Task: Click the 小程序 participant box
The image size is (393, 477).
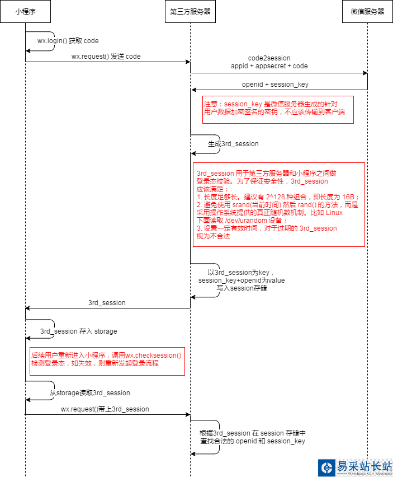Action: [x=25, y=12]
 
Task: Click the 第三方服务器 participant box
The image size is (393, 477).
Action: [x=191, y=12]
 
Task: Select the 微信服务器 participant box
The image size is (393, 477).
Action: [x=367, y=12]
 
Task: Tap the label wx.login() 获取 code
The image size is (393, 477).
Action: [x=68, y=41]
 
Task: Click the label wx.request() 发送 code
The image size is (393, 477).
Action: [x=106, y=57]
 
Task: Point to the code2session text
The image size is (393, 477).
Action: [x=269, y=58]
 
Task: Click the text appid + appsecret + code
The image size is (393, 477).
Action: [x=269, y=66]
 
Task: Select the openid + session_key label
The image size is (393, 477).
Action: [x=274, y=85]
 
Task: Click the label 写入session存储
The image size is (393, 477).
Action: [x=242, y=289]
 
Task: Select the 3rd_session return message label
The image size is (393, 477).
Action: [x=107, y=303]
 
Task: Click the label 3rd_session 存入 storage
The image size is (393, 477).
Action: [x=79, y=331]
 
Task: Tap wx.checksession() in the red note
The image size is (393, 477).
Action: [x=153, y=356]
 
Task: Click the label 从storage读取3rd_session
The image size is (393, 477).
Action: [x=89, y=393]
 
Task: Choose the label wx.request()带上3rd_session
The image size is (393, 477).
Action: [x=105, y=409]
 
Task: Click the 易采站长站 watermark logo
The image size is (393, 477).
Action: [x=355, y=467]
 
